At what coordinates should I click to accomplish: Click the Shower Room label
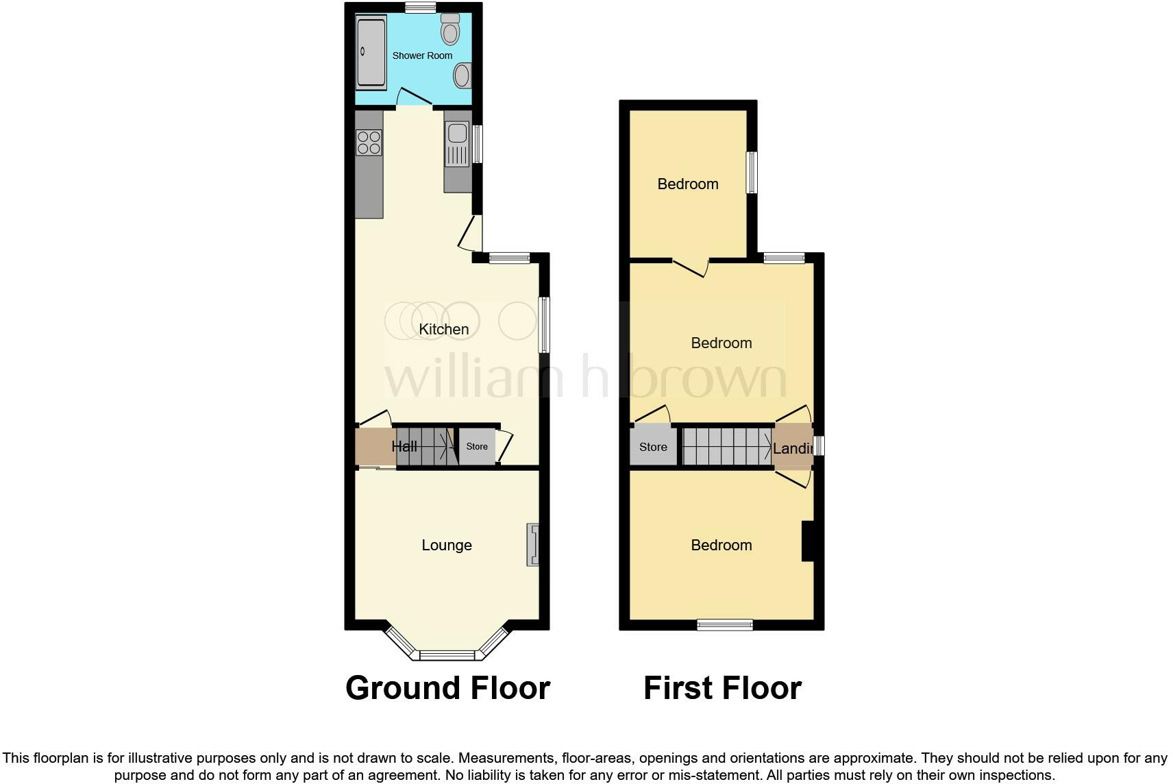pyautogui.click(x=422, y=56)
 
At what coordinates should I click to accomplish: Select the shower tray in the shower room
pyautogui.click(x=371, y=53)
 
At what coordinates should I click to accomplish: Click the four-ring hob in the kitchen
pyautogui.click(x=369, y=143)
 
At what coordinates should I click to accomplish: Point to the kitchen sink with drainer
pyautogui.click(x=457, y=144)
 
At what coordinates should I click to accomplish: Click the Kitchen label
pyautogui.click(x=444, y=330)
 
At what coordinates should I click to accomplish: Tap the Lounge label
pyautogui.click(x=447, y=546)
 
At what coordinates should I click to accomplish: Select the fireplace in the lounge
pyautogui.click(x=533, y=545)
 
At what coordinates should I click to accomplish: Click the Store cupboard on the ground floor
pyautogui.click(x=477, y=447)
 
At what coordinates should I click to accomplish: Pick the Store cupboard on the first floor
pyautogui.click(x=653, y=447)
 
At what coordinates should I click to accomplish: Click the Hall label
pyautogui.click(x=404, y=447)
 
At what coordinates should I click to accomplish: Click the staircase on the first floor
pyautogui.click(x=727, y=447)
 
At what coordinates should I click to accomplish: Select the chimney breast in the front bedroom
pyautogui.click(x=808, y=541)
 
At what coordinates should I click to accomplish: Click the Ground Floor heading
pyautogui.click(x=447, y=688)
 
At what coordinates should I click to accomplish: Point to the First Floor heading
pyautogui.click(x=722, y=688)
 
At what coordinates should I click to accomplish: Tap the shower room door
pyautogui.click(x=415, y=98)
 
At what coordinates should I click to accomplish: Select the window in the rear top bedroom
pyautogui.click(x=752, y=172)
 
